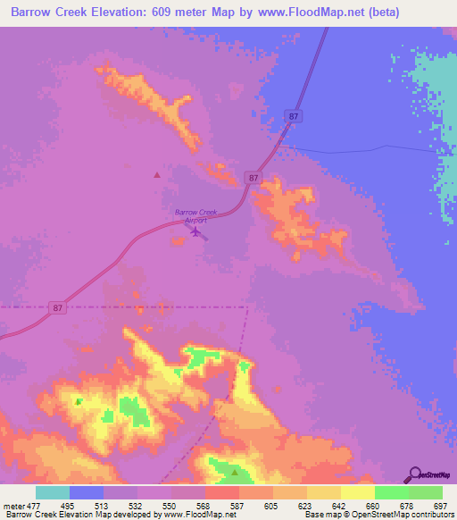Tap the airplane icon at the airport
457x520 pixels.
tap(195, 231)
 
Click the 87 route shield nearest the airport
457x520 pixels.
tap(254, 179)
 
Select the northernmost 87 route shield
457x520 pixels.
tap(294, 116)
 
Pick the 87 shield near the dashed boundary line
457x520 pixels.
tap(58, 308)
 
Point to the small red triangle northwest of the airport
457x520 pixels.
tap(157, 175)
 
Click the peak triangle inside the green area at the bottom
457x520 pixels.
tap(234, 471)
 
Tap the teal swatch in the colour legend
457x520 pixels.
tap(52, 492)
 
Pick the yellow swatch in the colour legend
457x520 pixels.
tap(357, 492)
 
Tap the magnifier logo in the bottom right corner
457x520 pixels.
tap(412, 474)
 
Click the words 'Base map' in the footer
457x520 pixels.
tap(322, 516)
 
